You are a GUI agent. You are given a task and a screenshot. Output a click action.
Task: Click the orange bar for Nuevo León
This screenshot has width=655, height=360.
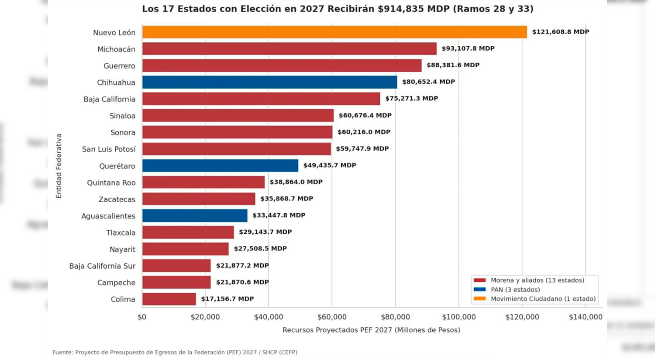pyautogui.click(x=334, y=32)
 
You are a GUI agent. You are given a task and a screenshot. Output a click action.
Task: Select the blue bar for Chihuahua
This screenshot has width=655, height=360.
pyautogui.click(x=269, y=82)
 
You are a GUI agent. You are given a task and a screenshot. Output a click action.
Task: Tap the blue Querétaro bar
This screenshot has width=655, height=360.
pyautogui.click(x=220, y=166)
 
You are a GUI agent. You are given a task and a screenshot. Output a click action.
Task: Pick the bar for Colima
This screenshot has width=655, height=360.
pyautogui.click(x=169, y=299)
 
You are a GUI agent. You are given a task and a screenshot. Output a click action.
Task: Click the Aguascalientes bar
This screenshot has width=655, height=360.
pyautogui.click(x=195, y=215)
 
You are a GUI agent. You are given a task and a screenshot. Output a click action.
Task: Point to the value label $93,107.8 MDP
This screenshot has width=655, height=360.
pyautogui.click(x=468, y=48)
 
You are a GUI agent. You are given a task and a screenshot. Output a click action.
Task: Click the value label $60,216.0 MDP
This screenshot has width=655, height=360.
pyautogui.click(x=364, y=132)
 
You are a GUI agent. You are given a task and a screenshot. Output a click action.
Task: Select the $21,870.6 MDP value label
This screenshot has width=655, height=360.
pyautogui.click(x=242, y=282)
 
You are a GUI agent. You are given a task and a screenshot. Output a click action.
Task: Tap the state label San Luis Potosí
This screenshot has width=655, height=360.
pyautogui.click(x=109, y=149)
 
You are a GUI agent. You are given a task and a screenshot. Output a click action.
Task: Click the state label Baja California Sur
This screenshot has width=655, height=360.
pyautogui.click(x=102, y=266)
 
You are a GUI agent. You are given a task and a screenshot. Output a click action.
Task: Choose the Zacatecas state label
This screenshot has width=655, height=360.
pyautogui.click(x=117, y=199)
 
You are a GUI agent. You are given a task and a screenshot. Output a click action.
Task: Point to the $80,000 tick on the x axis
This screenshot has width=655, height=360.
pyautogui.click(x=395, y=317)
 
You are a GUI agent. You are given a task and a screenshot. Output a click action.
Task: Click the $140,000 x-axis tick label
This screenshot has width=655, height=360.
pyautogui.click(x=586, y=317)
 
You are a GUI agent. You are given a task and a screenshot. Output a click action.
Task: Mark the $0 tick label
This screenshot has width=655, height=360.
pyautogui.click(x=142, y=317)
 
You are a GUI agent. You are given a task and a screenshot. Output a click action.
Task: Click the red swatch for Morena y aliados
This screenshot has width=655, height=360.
pyautogui.click(x=479, y=280)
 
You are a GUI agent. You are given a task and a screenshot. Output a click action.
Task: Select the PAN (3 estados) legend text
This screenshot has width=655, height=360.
pyautogui.click(x=515, y=290)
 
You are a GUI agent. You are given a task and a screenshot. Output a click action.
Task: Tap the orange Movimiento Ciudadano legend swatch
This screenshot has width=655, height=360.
pyautogui.click(x=479, y=298)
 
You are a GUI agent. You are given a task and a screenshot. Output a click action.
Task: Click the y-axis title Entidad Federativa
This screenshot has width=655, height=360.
pyautogui.click(x=59, y=166)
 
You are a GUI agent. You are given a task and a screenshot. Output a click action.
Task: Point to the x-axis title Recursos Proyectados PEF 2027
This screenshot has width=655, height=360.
pyautogui.click(x=337, y=330)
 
